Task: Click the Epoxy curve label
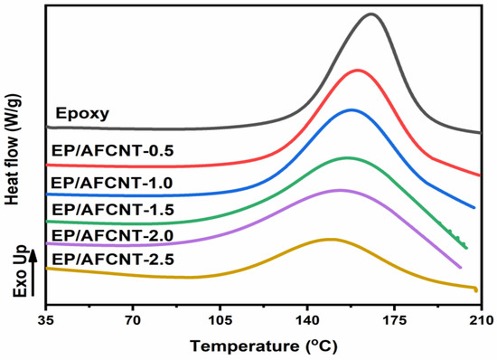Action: click(82, 114)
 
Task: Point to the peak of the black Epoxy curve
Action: click(370, 14)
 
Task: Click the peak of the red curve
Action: click(359, 70)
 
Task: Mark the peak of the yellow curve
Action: click(329, 240)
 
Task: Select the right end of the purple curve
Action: click(461, 268)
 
